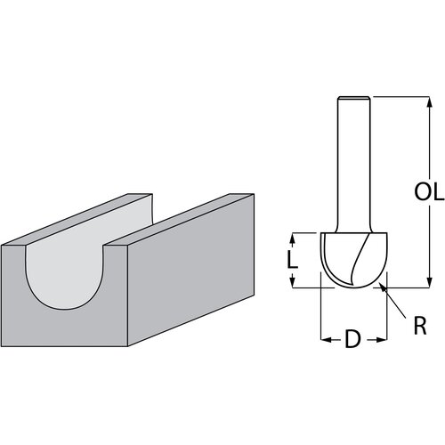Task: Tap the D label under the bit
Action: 354,339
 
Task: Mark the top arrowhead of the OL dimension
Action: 414,101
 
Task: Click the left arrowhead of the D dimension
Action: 323,339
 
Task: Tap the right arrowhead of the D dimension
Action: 384,339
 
